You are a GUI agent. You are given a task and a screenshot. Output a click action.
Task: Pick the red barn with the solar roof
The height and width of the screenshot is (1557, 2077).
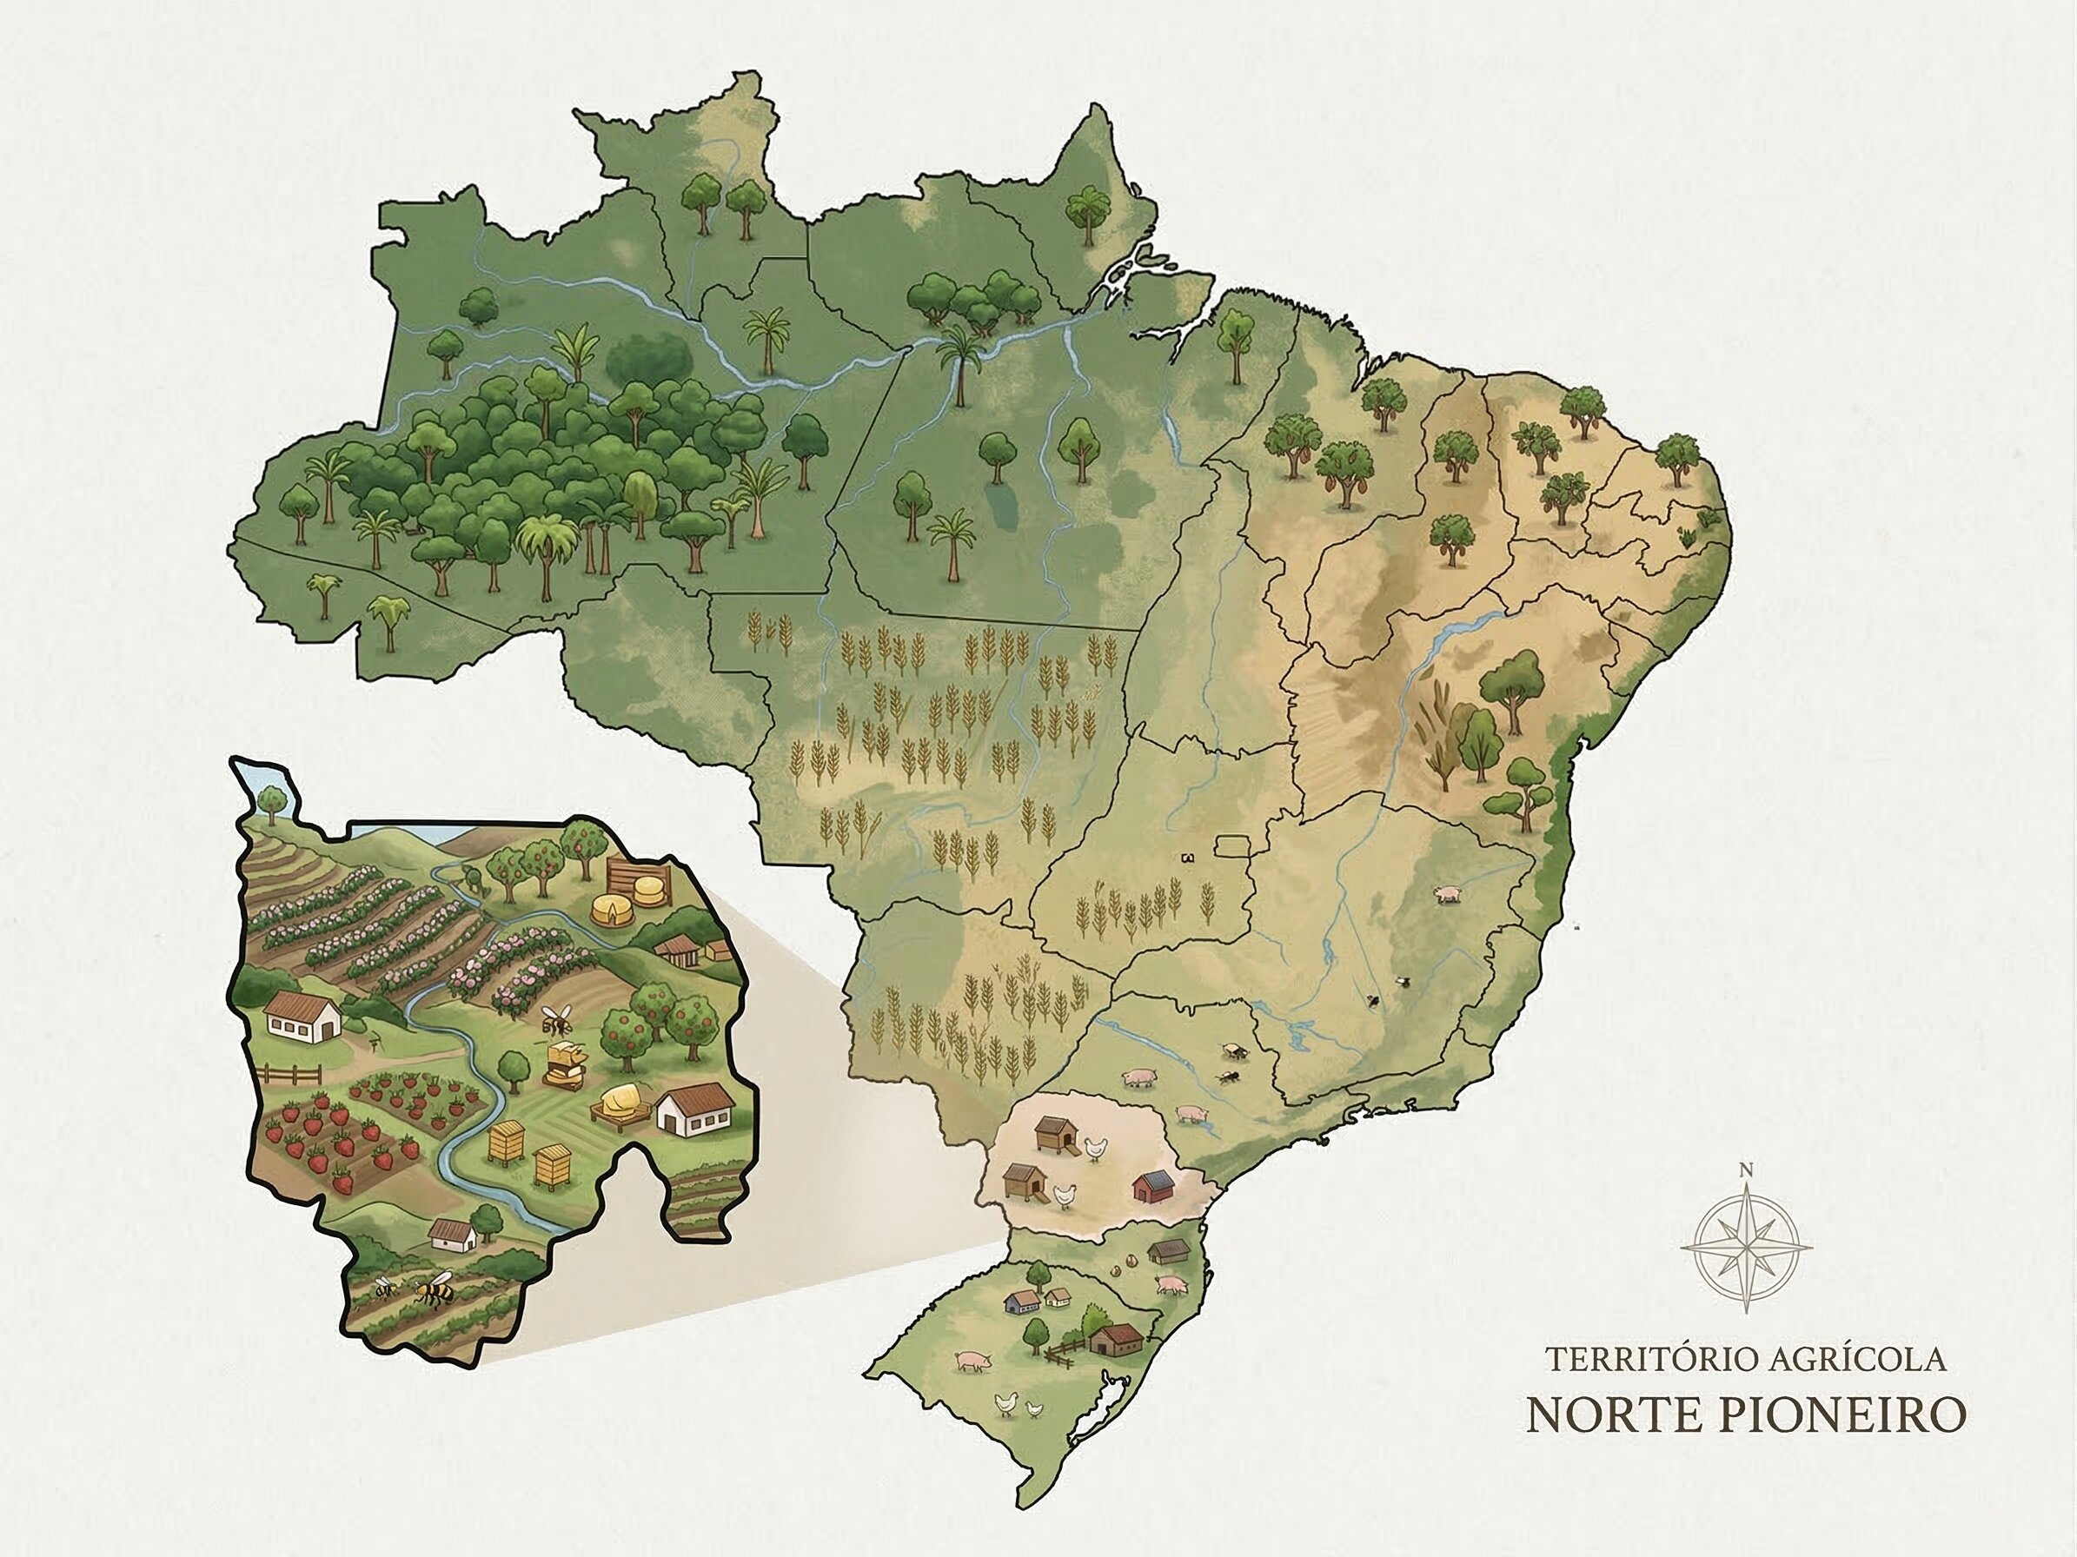tap(1154, 1185)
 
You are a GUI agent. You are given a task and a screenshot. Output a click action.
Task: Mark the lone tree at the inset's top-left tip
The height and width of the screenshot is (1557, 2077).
tap(272, 800)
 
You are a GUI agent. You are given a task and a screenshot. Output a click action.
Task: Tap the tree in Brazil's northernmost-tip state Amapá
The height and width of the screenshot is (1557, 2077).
tap(1087, 211)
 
